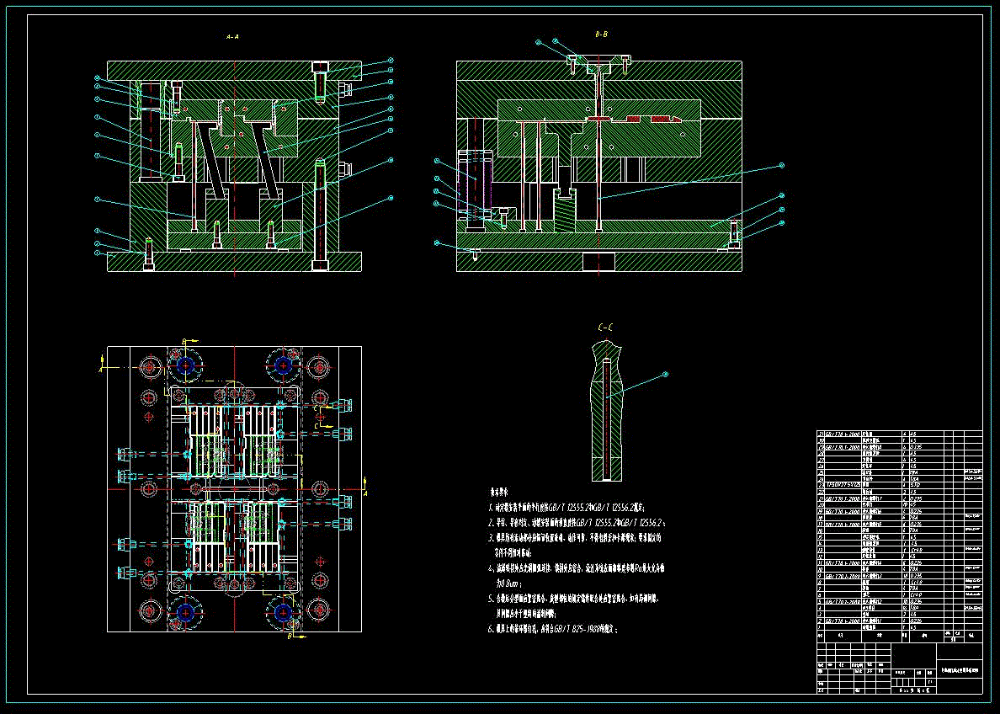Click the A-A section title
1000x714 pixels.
pyautogui.click(x=232, y=37)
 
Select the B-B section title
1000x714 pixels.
pyautogui.click(x=601, y=35)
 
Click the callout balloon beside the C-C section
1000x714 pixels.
pyautogui.click(x=665, y=374)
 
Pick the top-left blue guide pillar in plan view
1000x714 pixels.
pyautogui.click(x=185, y=366)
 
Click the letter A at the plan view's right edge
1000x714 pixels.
pyautogui.click(x=365, y=480)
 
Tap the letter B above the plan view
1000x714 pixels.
pyautogui.click(x=184, y=341)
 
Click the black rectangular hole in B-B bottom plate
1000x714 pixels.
pyautogui.click(x=598, y=261)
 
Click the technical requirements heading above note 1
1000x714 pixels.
pyautogui.click(x=499, y=491)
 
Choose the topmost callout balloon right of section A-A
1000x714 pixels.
pyautogui.click(x=391, y=61)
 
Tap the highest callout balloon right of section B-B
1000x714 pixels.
pyautogui.click(x=781, y=165)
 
